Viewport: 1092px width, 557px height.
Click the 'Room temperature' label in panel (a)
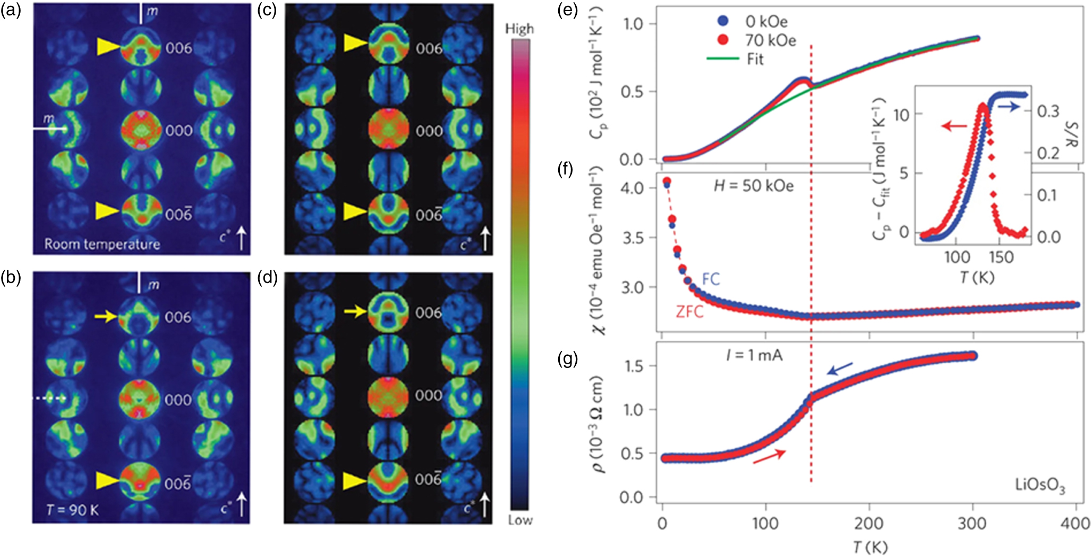tap(102, 244)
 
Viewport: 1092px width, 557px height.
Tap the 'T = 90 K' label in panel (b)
tap(72, 510)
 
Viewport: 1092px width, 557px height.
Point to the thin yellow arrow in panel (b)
tap(106, 316)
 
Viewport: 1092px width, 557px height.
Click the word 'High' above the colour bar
tap(519, 29)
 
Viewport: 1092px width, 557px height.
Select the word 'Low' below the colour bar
tap(520, 520)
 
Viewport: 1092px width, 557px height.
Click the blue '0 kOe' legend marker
tap(723, 21)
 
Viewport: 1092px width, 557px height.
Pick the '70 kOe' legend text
tap(770, 40)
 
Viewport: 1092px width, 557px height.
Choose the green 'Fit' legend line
tap(722, 58)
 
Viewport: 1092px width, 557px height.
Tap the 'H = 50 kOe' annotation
tap(753, 186)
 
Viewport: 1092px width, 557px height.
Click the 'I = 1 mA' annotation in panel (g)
tap(754, 355)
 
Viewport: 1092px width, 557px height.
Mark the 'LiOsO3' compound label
tap(1039, 485)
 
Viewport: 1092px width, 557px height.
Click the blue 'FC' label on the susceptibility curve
tap(711, 279)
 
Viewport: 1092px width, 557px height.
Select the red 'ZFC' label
tap(689, 311)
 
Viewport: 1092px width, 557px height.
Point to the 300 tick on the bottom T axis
tap(972, 524)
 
